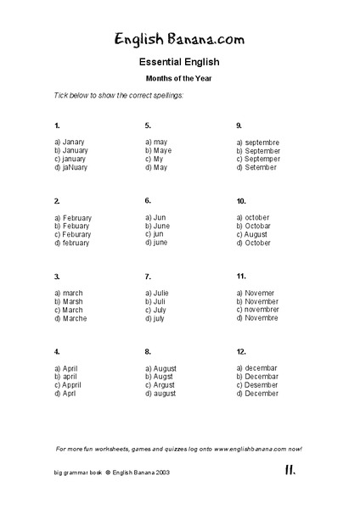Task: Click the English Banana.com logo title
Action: coord(180,37)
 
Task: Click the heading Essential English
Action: coord(179,62)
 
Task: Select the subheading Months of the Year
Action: coord(179,78)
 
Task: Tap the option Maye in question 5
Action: coord(160,150)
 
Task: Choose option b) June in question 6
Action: coord(159,226)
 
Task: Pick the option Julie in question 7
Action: coord(159,293)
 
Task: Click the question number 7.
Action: coord(148,276)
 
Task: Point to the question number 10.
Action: coord(242,202)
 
